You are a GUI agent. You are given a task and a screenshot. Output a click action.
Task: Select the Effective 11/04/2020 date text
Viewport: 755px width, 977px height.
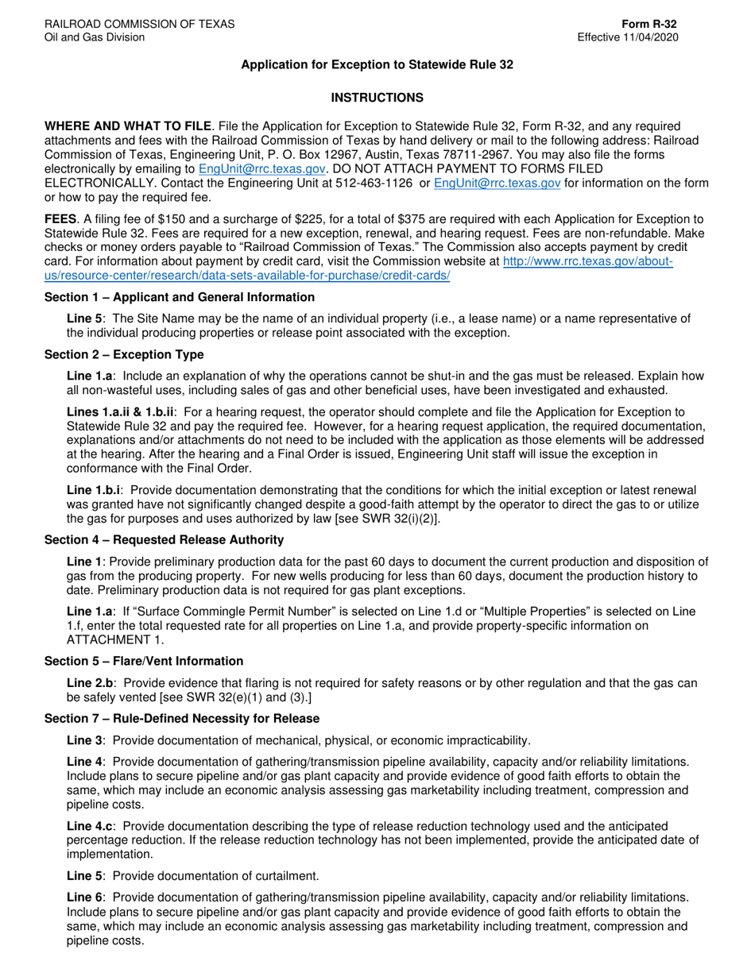[x=628, y=37]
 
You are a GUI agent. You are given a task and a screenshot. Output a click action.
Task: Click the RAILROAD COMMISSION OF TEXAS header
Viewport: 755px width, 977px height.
[x=139, y=24]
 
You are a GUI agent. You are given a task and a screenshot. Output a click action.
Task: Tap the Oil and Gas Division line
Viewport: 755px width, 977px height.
[x=95, y=37]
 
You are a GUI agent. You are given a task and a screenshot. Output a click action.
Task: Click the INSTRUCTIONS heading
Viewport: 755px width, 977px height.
[x=377, y=98]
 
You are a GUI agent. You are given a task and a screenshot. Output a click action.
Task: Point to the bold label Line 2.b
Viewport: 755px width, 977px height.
[x=91, y=682]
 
